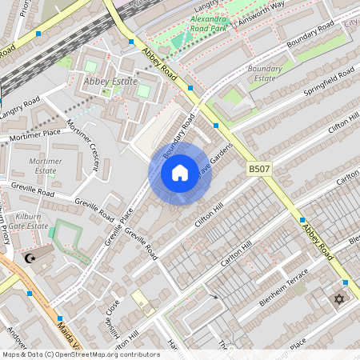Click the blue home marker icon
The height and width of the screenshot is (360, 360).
click(180, 173)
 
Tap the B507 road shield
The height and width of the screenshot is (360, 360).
click(259, 169)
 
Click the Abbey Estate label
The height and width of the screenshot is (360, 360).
click(111, 81)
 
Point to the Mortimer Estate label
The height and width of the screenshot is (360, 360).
click(45, 166)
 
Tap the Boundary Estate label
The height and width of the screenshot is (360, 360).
click(265, 74)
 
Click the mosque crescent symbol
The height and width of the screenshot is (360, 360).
click(31, 258)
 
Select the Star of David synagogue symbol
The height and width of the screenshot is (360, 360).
click(338, 300)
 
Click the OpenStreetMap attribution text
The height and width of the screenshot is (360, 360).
click(80, 354)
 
